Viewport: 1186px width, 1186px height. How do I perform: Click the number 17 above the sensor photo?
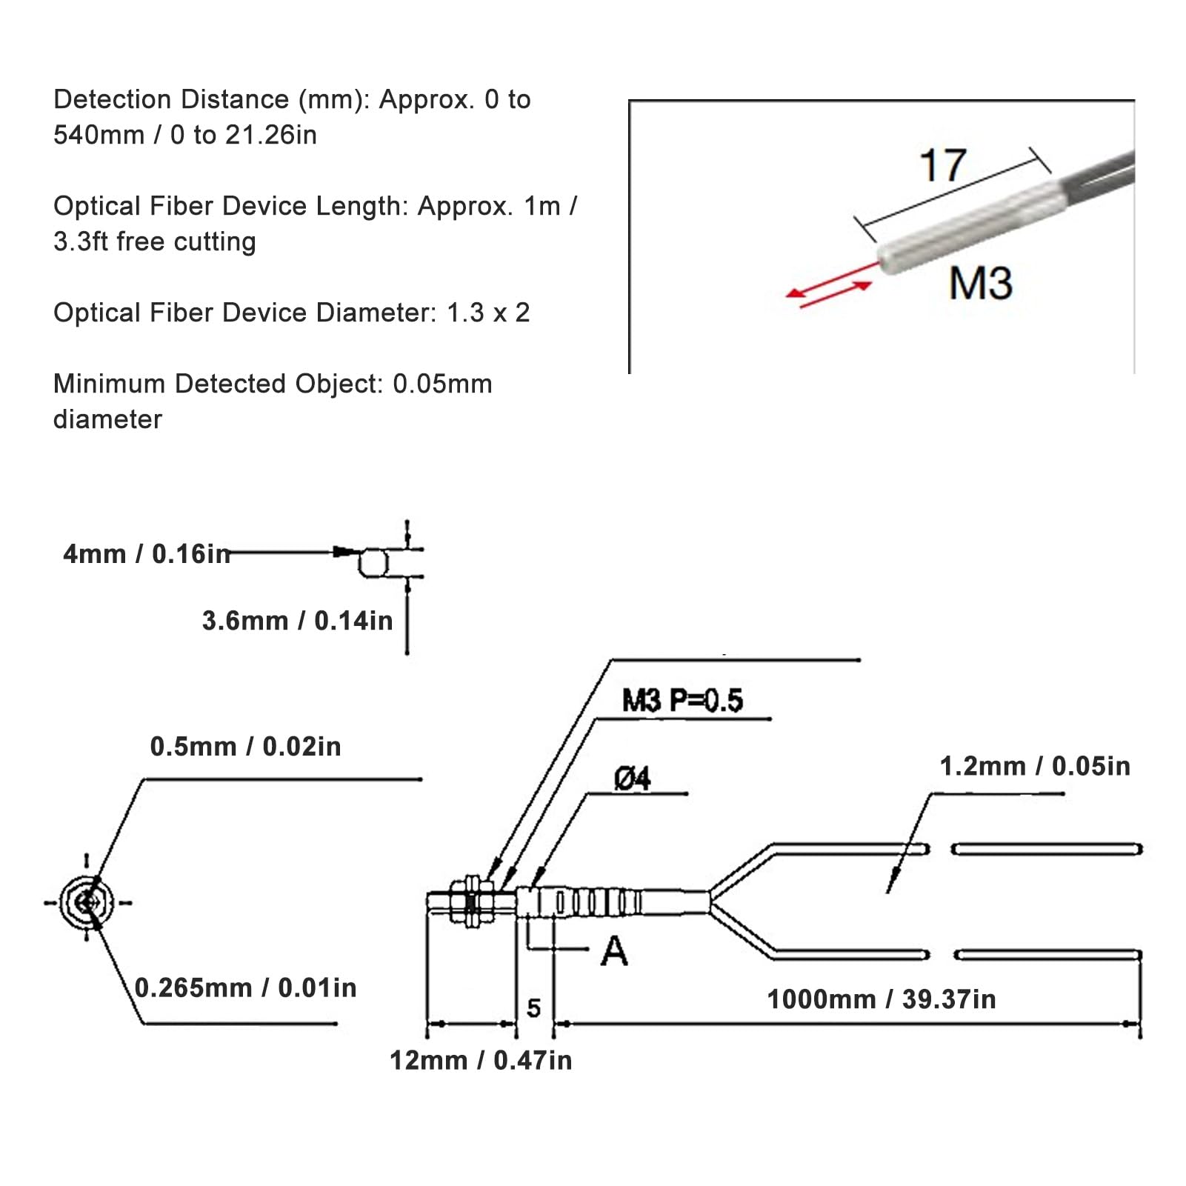click(x=942, y=165)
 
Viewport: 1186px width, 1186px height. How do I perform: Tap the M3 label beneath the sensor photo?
click(x=980, y=283)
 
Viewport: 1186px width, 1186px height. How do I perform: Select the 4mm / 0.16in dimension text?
click(x=147, y=554)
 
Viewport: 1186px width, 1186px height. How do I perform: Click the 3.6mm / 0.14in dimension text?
click(x=297, y=621)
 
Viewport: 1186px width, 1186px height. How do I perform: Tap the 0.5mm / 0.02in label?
click(x=245, y=747)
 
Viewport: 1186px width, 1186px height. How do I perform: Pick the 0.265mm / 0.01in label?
click(x=245, y=988)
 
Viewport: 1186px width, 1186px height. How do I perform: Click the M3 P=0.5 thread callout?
click(x=682, y=701)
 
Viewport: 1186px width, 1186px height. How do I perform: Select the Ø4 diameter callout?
click(x=632, y=779)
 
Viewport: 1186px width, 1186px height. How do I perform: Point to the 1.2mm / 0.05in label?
click(x=1035, y=766)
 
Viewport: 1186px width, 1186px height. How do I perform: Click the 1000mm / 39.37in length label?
click(x=881, y=1000)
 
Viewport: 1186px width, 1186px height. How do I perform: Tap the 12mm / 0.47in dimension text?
click(x=481, y=1061)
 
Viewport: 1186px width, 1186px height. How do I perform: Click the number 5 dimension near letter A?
click(x=533, y=1008)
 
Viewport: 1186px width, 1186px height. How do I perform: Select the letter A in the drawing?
click(x=614, y=952)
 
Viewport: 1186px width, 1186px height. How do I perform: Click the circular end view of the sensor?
click(x=87, y=902)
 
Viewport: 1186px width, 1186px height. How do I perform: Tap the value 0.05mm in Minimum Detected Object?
click(x=442, y=384)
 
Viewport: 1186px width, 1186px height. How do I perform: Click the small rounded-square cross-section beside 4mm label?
click(x=373, y=563)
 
